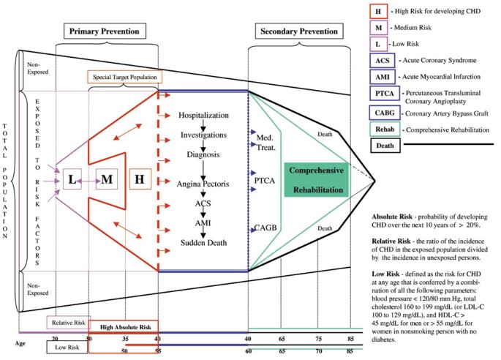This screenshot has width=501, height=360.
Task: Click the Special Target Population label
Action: click(x=124, y=77)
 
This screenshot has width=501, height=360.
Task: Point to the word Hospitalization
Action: click(x=205, y=116)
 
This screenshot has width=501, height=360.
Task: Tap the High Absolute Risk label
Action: click(x=124, y=327)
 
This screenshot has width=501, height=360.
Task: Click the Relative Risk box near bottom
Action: click(x=67, y=322)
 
